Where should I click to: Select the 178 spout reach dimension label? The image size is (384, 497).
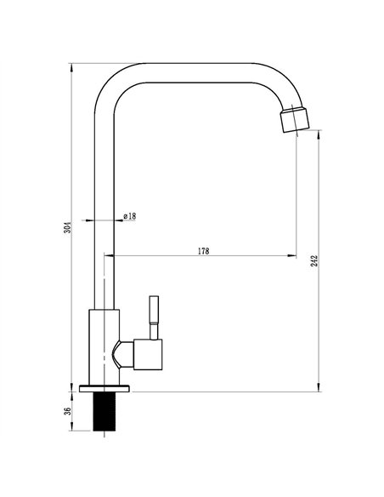coord(203,251)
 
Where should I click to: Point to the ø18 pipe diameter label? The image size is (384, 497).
coord(130,216)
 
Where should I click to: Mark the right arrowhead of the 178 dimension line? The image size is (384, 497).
coord(293,256)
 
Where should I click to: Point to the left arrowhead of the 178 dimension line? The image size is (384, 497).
coord(107,256)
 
